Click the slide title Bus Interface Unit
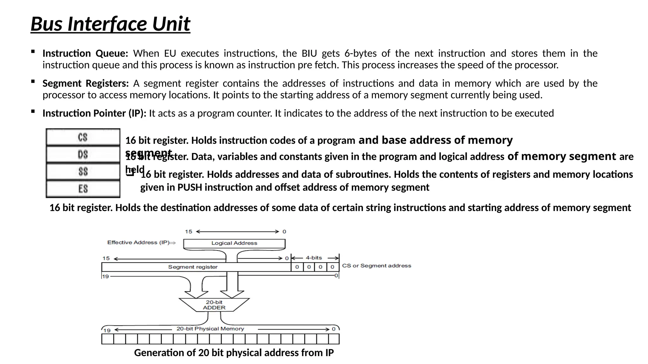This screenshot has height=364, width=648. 110,24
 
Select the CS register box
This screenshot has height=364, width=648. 83,137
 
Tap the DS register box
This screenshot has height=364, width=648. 83,155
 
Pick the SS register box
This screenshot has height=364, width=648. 83,172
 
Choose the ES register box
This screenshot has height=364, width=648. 83,189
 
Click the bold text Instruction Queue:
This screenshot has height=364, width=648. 85,53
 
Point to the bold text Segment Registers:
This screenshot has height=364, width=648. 85,83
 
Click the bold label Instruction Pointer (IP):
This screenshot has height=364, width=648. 94,113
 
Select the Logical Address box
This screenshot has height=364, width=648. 234,243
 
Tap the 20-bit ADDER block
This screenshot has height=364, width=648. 214,305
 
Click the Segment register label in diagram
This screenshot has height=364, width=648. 193,267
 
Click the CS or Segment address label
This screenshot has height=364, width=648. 377,266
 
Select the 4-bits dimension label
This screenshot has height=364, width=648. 314,258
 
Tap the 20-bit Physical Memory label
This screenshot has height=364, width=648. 210,329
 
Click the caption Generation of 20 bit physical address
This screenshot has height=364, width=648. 234,353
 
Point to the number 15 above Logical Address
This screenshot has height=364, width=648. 189,232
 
